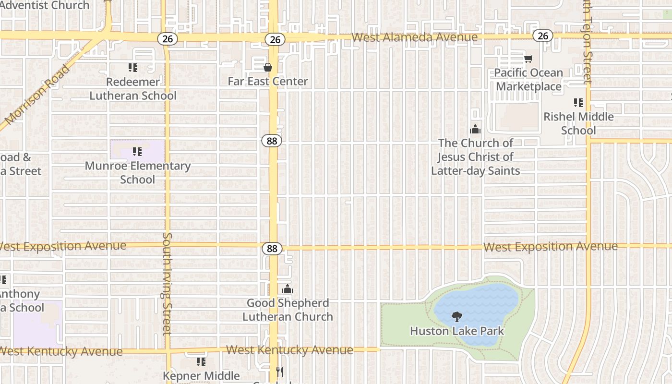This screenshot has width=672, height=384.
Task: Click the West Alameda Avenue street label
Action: [x=414, y=37]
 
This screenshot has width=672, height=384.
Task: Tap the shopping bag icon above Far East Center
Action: [x=268, y=67]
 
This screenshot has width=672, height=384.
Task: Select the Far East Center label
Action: [x=268, y=81]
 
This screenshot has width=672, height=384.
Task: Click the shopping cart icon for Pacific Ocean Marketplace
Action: [x=528, y=59]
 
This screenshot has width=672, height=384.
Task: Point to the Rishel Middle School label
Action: [x=578, y=123]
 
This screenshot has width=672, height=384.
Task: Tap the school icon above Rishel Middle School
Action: [x=578, y=102]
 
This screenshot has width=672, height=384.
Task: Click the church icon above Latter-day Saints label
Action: [x=475, y=129]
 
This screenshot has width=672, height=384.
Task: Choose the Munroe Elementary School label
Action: [x=138, y=173]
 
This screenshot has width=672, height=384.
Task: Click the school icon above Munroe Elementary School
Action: [x=138, y=152]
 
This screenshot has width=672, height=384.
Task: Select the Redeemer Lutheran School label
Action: [x=133, y=89]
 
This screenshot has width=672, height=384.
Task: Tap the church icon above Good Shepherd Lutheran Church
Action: [x=288, y=289]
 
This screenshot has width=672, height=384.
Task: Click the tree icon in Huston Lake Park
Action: [x=456, y=317]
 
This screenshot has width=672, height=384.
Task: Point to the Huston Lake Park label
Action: [x=457, y=331]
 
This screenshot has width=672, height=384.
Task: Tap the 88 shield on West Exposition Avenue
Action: [x=272, y=248]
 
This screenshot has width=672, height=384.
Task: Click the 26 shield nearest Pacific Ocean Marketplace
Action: [x=542, y=36]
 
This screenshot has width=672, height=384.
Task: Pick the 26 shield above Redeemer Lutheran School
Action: [x=167, y=39]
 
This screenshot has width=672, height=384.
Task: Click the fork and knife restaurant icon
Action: [x=280, y=372]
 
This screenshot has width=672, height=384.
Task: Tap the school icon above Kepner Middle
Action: [x=201, y=361]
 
